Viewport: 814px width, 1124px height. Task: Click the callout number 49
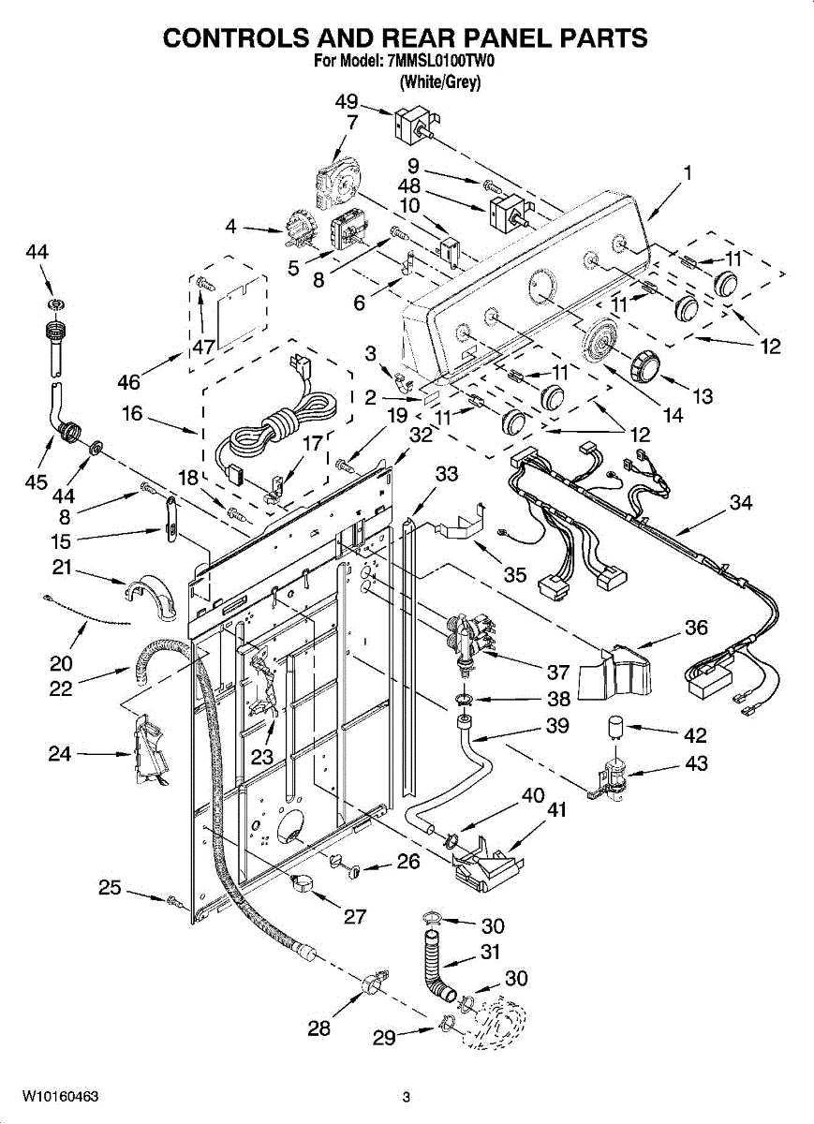click(347, 102)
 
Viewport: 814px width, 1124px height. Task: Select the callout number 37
click(558, 672)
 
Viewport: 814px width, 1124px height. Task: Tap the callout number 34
click(741, 502)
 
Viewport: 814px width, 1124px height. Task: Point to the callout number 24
click(60, 753)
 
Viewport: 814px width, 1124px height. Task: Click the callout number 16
click(132, 414)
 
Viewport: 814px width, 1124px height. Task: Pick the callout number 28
click(319, 1028)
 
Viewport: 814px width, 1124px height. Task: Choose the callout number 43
click(696, 763)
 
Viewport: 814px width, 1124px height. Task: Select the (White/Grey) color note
click(440, 81)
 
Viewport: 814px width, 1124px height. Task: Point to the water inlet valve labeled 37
click(469, 642)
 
